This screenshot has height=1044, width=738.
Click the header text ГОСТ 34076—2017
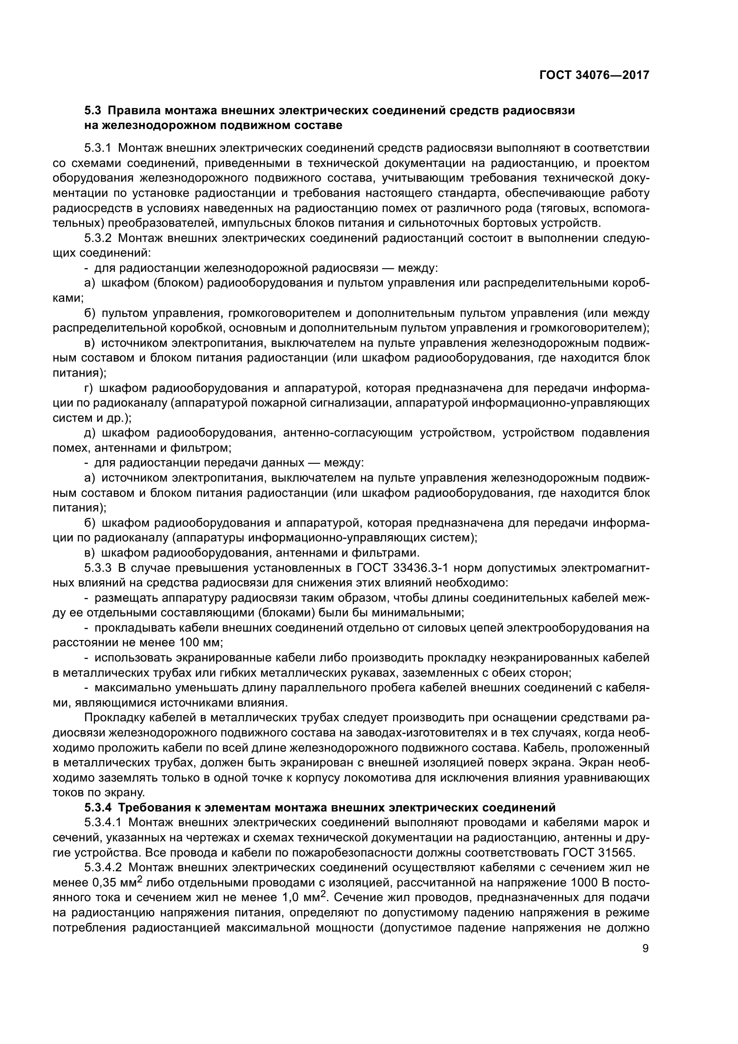click(594, 75)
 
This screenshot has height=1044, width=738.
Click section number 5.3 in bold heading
click(94, 111)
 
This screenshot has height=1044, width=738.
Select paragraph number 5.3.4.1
click(103, 823)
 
